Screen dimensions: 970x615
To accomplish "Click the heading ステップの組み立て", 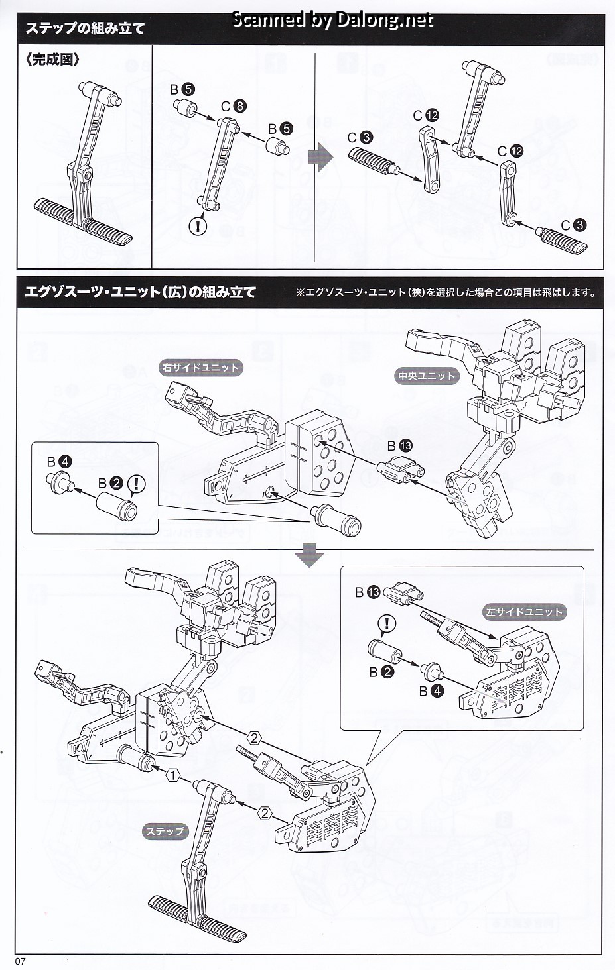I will coord(85,28).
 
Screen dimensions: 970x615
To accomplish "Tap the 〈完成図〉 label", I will coord(54,60).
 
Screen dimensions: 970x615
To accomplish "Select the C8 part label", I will coord(234,106).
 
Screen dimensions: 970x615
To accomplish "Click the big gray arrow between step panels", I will coord(321,159).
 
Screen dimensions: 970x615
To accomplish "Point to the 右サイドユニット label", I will coord(200,368).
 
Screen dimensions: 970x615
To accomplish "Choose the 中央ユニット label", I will coord(427,376).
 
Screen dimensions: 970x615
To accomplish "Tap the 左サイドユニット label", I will coord(523,612).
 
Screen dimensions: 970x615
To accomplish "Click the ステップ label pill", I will coord(165,832).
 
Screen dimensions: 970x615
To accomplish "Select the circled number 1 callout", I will coord(172,775).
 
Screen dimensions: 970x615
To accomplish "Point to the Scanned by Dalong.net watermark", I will coord(332,20).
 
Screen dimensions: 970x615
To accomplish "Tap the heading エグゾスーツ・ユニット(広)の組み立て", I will coord(140,292).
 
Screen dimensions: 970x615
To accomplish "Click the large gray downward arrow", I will coord(308,555).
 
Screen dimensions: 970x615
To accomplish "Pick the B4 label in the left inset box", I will coord(59,462).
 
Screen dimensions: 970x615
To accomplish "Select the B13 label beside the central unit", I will coord(399,446).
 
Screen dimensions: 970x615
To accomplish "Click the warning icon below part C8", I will coord(198,226).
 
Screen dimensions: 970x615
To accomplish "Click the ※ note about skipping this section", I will coord(445,292).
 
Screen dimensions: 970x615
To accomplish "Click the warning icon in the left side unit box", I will coord(386,623).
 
